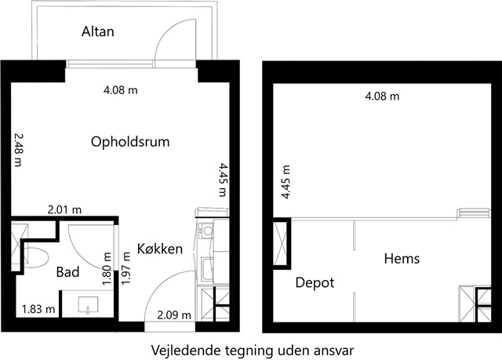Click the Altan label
pos(97,31)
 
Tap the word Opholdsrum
pos(130,142)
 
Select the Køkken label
pos(160,249)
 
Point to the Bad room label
pos(67,272)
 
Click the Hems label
pos(402,258)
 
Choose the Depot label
pos(315,282)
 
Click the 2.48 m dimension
pos(19,150)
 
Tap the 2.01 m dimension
pos(64,210)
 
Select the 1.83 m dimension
pos(38,309)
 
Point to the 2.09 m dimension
pos(174,315)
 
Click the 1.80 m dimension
pos(107,268)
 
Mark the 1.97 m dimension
pos(126,268)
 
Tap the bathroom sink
pos(88,304)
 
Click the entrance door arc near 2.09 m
pos(160,282)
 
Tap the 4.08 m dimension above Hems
pos(382,96)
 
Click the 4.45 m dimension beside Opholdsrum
pos(222,180)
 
